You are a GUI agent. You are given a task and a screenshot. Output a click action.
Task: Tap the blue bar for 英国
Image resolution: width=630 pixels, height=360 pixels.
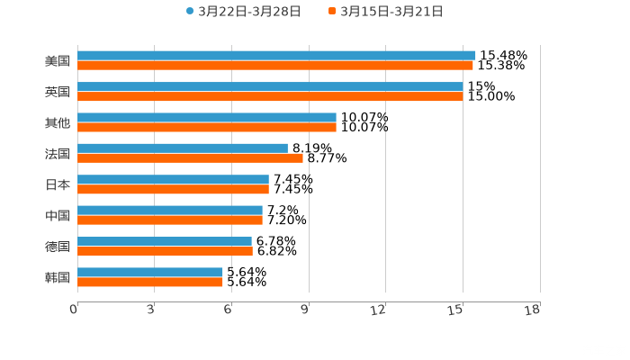pos(270,86)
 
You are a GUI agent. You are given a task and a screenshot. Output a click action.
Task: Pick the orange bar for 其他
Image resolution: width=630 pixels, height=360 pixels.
pos(207,127)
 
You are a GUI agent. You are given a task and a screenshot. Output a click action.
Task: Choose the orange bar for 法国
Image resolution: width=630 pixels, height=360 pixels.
pos(190,158)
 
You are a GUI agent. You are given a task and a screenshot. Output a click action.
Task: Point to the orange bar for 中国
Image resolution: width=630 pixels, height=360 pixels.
pos(170,220)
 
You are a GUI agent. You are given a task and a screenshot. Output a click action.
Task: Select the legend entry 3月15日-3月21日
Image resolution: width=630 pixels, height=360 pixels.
pos(391,12)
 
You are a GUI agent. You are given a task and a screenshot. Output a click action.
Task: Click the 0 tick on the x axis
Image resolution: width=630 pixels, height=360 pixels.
pos(74,310)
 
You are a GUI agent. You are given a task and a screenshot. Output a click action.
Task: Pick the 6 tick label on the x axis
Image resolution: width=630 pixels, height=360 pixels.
pos(229,310)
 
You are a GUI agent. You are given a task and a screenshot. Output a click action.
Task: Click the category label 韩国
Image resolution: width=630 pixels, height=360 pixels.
pos(58,277)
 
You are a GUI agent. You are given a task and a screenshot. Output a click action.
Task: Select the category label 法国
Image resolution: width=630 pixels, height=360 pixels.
pos(58,153)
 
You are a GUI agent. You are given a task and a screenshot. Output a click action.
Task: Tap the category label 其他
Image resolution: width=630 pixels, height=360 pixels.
pos(58,122)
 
